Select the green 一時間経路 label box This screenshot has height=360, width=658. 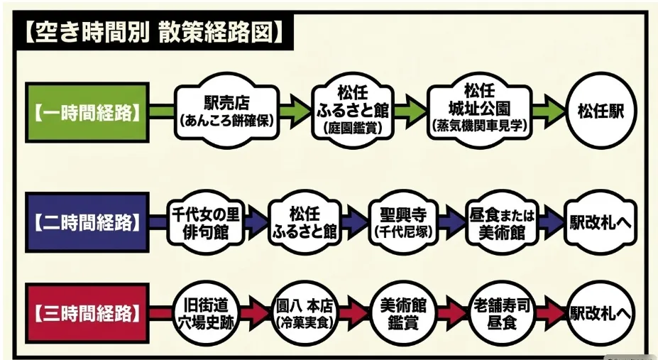(87, 112)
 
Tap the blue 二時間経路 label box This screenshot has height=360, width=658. (87, 222)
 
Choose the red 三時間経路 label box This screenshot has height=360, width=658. (87, 313)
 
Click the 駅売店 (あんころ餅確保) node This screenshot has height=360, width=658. (226, 111)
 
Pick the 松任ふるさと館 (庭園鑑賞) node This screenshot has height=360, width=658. (353, 110)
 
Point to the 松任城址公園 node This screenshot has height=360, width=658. (480, 110)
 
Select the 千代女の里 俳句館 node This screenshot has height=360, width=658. (206, 222)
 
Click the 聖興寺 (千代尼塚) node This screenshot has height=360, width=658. (403, 222)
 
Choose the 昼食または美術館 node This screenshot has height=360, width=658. (502, 222)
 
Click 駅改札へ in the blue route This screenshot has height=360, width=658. (601, 222)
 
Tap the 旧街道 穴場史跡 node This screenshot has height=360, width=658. (206, 314)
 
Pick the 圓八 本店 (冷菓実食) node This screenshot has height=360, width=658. (305, 314)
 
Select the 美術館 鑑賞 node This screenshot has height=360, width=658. (403, 314)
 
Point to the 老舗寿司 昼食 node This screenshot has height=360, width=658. (502, 314)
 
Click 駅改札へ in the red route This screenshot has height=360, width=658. (601, 314)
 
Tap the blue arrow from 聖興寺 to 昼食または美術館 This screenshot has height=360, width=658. (452, 222)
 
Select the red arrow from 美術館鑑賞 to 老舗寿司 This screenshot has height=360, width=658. (452, 314)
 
